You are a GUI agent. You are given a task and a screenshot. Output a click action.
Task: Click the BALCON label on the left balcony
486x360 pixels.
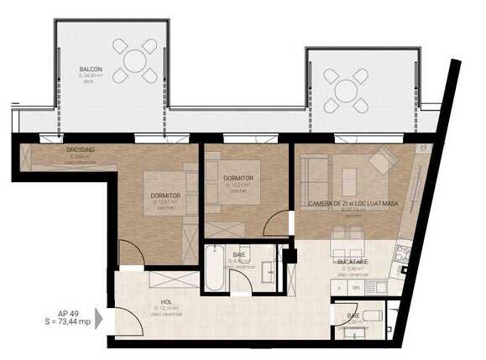point(91,70)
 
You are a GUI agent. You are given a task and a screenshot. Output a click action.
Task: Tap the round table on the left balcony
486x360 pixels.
point(134,60)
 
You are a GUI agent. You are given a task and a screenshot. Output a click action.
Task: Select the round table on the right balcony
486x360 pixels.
point(348,89)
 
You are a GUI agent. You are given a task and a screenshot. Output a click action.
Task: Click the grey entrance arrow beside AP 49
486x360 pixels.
point(99,318)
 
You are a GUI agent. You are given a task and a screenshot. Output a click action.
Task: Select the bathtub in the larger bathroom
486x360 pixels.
point(214,268)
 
